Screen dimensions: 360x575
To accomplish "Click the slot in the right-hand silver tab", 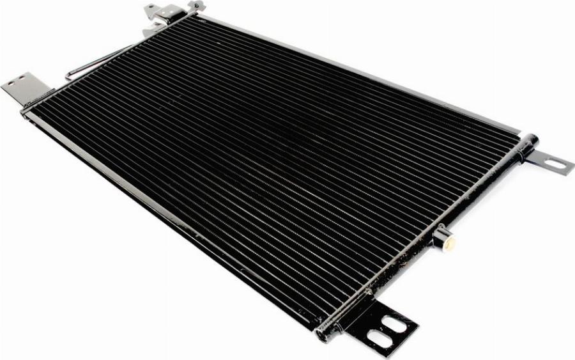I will click(x=555, y=164).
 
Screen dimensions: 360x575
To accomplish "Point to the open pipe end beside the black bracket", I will click(x=324, y=333).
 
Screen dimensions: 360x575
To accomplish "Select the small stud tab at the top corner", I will click(x=196, y=6).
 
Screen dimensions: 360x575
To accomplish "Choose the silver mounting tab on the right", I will click(x=549, y=162).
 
